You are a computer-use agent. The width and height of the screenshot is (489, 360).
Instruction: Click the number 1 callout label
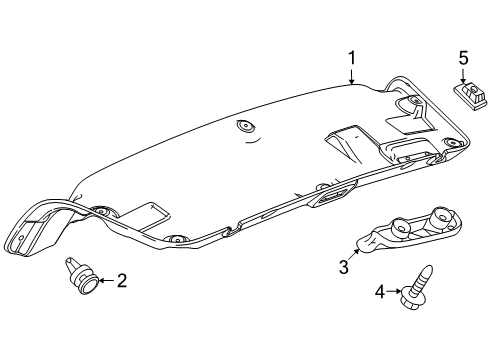coord(352,59)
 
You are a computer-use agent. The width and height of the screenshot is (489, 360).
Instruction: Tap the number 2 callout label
coord(122,282)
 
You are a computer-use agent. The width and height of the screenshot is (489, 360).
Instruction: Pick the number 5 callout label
coord(463,59)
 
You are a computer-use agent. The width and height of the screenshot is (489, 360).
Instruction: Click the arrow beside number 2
coord(105,282)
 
